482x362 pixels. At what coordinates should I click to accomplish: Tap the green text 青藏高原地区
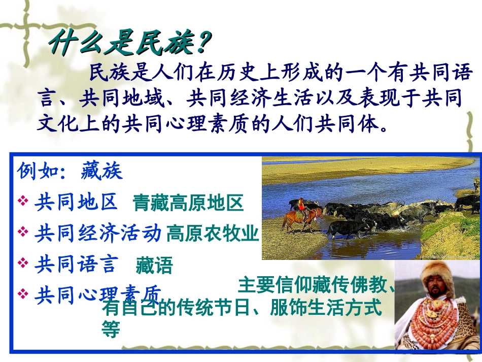188,203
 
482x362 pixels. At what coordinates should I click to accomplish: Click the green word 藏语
154,266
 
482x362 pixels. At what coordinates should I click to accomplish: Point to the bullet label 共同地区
76,202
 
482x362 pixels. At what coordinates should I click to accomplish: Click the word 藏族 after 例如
101,172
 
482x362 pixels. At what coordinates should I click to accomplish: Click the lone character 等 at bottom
111,331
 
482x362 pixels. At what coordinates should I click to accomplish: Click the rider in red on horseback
302,205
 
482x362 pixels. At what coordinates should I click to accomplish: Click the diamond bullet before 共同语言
23,262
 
